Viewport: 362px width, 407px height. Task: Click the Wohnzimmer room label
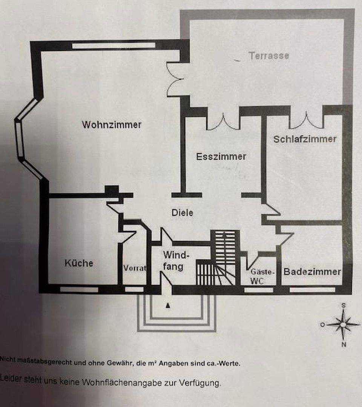click(112, 124)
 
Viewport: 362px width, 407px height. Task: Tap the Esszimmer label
click(221, 156)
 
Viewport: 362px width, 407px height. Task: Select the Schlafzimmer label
click(305, 139)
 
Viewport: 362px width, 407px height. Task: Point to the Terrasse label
click(269, 56)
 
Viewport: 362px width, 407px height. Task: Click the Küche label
click(78, 263)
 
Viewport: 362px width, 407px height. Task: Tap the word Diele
click(182, 213)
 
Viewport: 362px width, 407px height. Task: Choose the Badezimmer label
click(312, 271)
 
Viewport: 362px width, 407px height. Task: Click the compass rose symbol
click(343, 324)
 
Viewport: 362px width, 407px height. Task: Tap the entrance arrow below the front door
click(168, 306)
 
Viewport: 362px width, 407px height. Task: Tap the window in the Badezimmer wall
click(312, 290)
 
